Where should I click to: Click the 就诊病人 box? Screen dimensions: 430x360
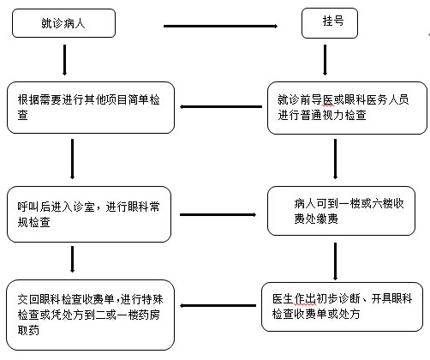coord(63,23)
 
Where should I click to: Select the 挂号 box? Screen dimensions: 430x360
coord(330,23)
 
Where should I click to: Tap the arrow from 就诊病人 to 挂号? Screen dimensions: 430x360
coord(220,26)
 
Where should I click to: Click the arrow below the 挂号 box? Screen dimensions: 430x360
coord(325,60)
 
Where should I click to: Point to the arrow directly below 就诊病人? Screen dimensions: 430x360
coord(64,60)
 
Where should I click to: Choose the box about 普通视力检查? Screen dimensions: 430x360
coord(347,108)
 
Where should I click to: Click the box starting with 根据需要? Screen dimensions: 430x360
coord(91,107)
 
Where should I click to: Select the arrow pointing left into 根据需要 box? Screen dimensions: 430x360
coord(221,107)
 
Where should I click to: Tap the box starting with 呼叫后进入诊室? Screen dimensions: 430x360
coord(89,214)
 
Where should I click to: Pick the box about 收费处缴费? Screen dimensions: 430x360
coord(341,211)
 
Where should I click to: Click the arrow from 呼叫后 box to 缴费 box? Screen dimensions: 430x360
coord(218,214)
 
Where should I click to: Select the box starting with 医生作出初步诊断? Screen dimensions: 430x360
coord(342,307)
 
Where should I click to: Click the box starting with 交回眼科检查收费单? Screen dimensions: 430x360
coord(90,315)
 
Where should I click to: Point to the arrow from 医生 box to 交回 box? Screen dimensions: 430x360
coord(218,306)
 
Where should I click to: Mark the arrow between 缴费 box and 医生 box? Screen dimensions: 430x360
coord(335,261)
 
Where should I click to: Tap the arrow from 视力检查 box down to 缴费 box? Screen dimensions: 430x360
coord(335,159)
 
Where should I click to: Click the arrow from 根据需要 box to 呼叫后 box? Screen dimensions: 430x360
coord(72,159)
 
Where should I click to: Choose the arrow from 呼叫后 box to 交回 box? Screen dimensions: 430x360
coord(72,259)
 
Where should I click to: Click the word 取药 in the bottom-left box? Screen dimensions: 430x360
coord(28,330)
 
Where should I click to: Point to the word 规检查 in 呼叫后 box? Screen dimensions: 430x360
coord(33,222)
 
